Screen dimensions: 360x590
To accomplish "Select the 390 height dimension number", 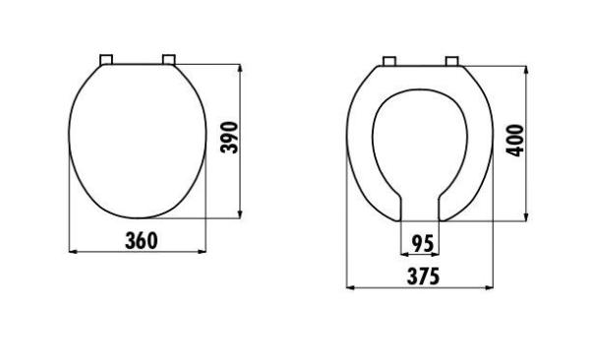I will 227,141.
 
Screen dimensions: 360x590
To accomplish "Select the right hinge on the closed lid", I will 168,60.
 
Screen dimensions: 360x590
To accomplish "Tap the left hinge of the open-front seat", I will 390,62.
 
